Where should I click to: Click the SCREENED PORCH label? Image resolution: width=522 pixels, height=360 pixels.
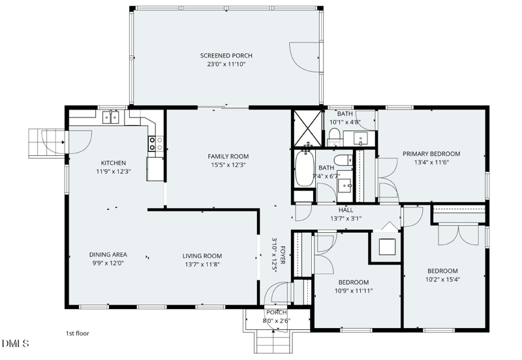pyautogui.click(x=226, y=55)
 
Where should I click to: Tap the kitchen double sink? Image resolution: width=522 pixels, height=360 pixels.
pyautogui.click(x=110, y=117)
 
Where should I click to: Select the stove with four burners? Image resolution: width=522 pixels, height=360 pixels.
pyautogui.click(x=155, y=143)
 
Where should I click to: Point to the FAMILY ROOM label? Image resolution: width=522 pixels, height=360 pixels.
pyautogui.click(x=228, y=157)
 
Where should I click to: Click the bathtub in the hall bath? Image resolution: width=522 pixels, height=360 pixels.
pyautogui.click(x=304, y=169)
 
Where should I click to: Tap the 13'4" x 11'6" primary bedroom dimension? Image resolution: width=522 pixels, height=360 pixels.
pyautogui.click(x=431, y=162)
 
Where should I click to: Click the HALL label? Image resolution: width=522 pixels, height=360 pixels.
pyautogui.click(x=346, y=210)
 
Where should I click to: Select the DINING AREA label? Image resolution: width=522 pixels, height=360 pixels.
pyautogui.click(x=108, y=254)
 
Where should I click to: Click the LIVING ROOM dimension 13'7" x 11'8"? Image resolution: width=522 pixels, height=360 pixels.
pyautogui.click(x=202, y=265)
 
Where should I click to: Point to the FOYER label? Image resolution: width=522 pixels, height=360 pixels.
pyautogui.click(x=283, y=255)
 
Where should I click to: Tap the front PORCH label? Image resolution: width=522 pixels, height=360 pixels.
pyautogui.click(x=276, y=312)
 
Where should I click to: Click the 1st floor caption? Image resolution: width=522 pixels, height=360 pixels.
pyautogui.click(x=77, y=333)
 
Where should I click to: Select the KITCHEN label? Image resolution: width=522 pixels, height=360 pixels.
pyautogui.click(x=113, y=163)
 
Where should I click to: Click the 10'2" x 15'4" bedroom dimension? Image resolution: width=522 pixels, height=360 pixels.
pyautogui.click(x=442, y=280)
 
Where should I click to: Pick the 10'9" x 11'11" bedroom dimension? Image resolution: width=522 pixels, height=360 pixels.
pyautogui.click(x=354, y=291)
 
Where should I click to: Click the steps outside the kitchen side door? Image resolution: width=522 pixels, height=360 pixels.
pyautogui.click(x=46, y=143)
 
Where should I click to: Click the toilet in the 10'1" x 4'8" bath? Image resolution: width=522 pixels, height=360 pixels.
pyautogui.click(x=334, y=136)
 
